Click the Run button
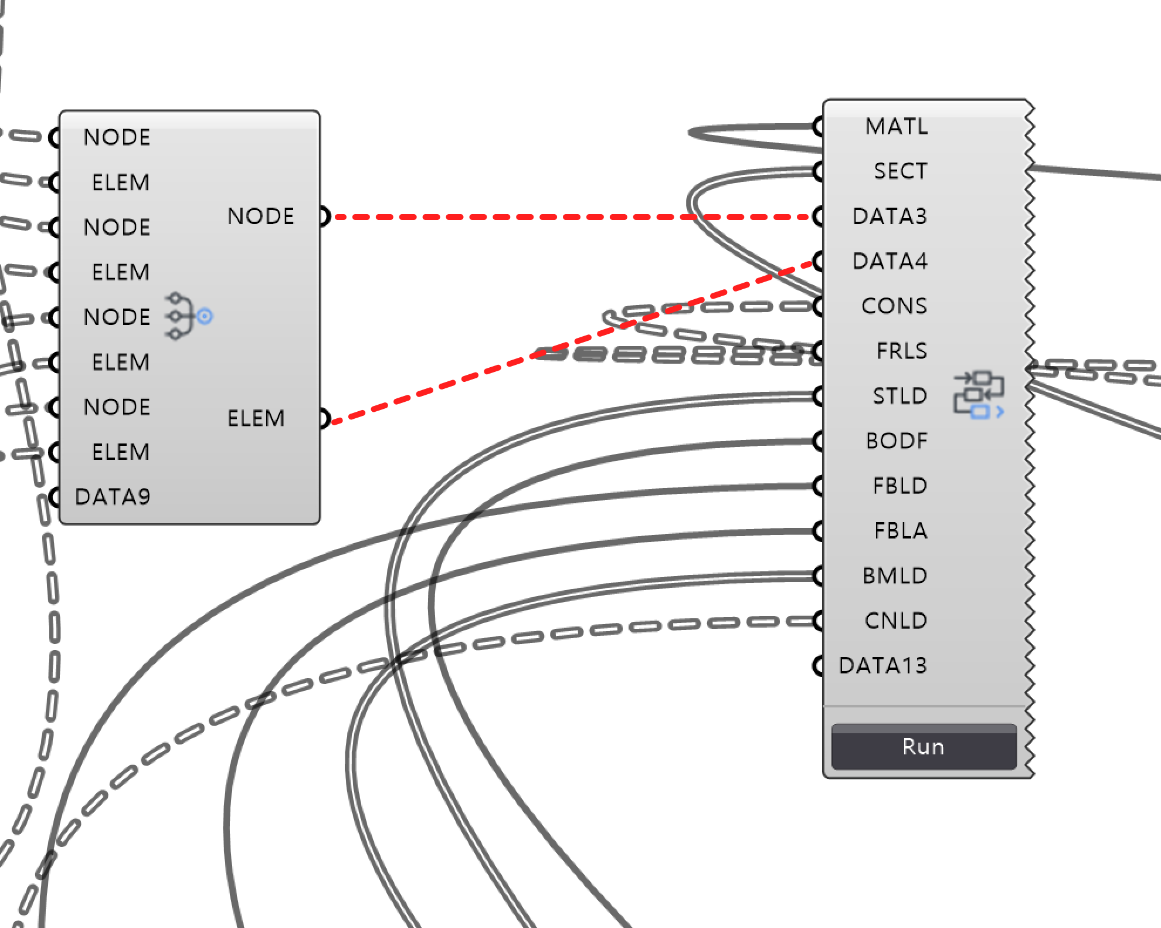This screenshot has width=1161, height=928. (924, 747)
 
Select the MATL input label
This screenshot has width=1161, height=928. (897, 126)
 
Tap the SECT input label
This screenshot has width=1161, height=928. (901, 171)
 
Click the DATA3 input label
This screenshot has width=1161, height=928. (890, 216)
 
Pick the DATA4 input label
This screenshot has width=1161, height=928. (890, 261)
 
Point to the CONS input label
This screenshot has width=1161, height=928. (894, 306)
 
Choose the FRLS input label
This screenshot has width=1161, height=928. (902, 351)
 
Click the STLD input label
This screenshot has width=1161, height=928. (900, 396)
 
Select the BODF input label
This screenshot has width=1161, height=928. (897, 441)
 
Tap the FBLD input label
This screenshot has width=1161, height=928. (900, 486)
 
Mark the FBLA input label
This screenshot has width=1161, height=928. (901, 531)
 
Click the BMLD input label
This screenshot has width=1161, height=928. (895, 576)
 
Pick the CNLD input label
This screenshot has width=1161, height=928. (896, 621)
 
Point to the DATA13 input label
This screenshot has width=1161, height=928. (883, 666)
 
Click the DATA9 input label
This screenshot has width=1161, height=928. (113, 497)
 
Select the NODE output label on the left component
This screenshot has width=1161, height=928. (260, 216)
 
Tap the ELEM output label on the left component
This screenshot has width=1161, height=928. (256, 418)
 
